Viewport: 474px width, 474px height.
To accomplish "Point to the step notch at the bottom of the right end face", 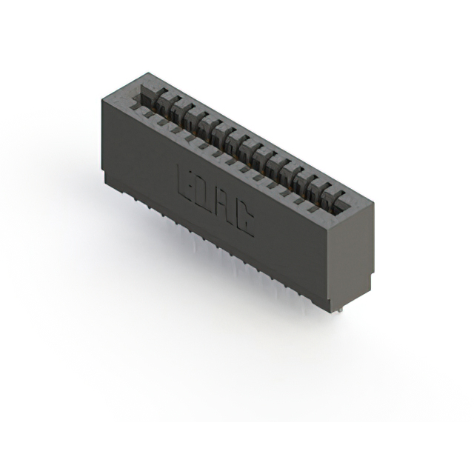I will pos(367,286).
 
